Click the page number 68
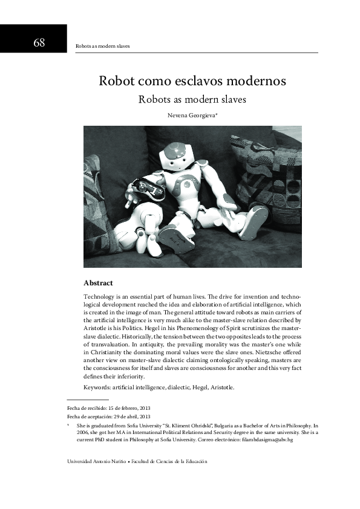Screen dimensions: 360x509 pyautogui.click(x=39, y=42)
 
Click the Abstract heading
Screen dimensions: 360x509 pyautogui.click(x=97, y=283)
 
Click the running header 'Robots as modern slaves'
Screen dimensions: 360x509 pyautogui.click(x=102, y=46)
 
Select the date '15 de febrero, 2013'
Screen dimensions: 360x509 pyautogui.click(x=131, y=408)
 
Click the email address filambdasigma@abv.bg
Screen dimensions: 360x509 pyautogui.click(x=267, y=440)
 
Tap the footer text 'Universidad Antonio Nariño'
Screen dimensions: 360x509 pyautogui.click(x=96, y=461)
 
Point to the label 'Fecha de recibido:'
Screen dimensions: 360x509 pyautogui.click(x=88, y=408)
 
